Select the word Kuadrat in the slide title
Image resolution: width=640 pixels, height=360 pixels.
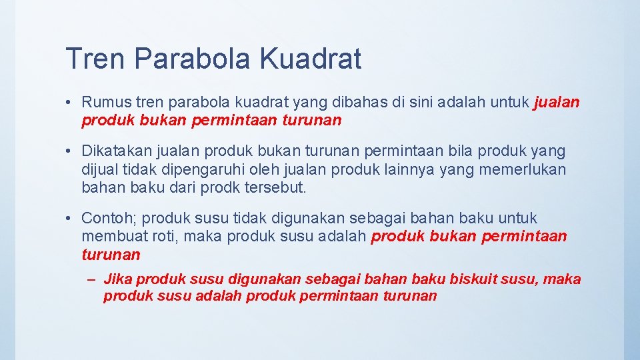[x=310, y=59]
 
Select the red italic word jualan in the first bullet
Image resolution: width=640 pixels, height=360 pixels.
[x=557, y=103]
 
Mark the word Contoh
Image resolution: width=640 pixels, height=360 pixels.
[x=109, y=218]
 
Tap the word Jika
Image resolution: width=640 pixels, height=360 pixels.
[x=118, y=279]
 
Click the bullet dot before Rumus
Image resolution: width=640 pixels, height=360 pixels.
[x=69, y=103]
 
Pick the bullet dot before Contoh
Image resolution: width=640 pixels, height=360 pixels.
[x=69, y=218]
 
